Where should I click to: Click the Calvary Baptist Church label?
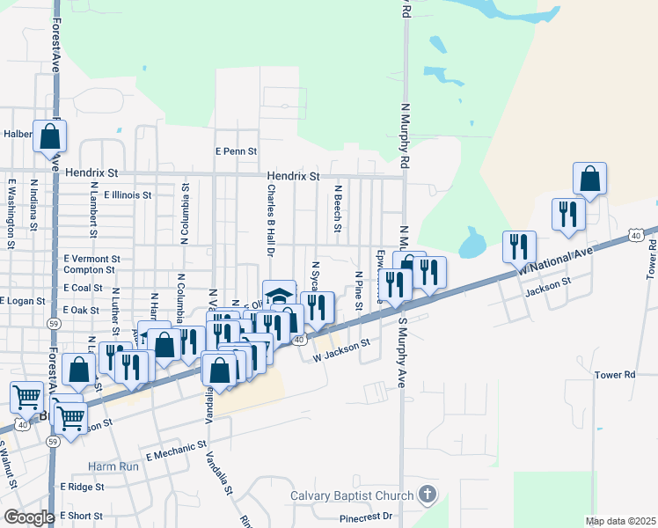(352, 495)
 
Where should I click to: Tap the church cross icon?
(428, 494)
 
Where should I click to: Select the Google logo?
(29, 517)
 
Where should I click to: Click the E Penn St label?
(235, 151)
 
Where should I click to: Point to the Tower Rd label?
(614, 375)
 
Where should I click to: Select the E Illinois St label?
(128, 195)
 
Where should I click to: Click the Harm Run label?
(113, 466)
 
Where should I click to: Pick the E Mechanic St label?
(176, 451)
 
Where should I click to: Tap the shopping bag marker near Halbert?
(50, 137)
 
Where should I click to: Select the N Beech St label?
(338, 209)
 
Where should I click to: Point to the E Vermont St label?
(91, 260)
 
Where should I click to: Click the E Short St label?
(81, 516)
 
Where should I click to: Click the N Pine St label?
(359, 291)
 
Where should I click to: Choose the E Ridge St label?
(82, 487)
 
